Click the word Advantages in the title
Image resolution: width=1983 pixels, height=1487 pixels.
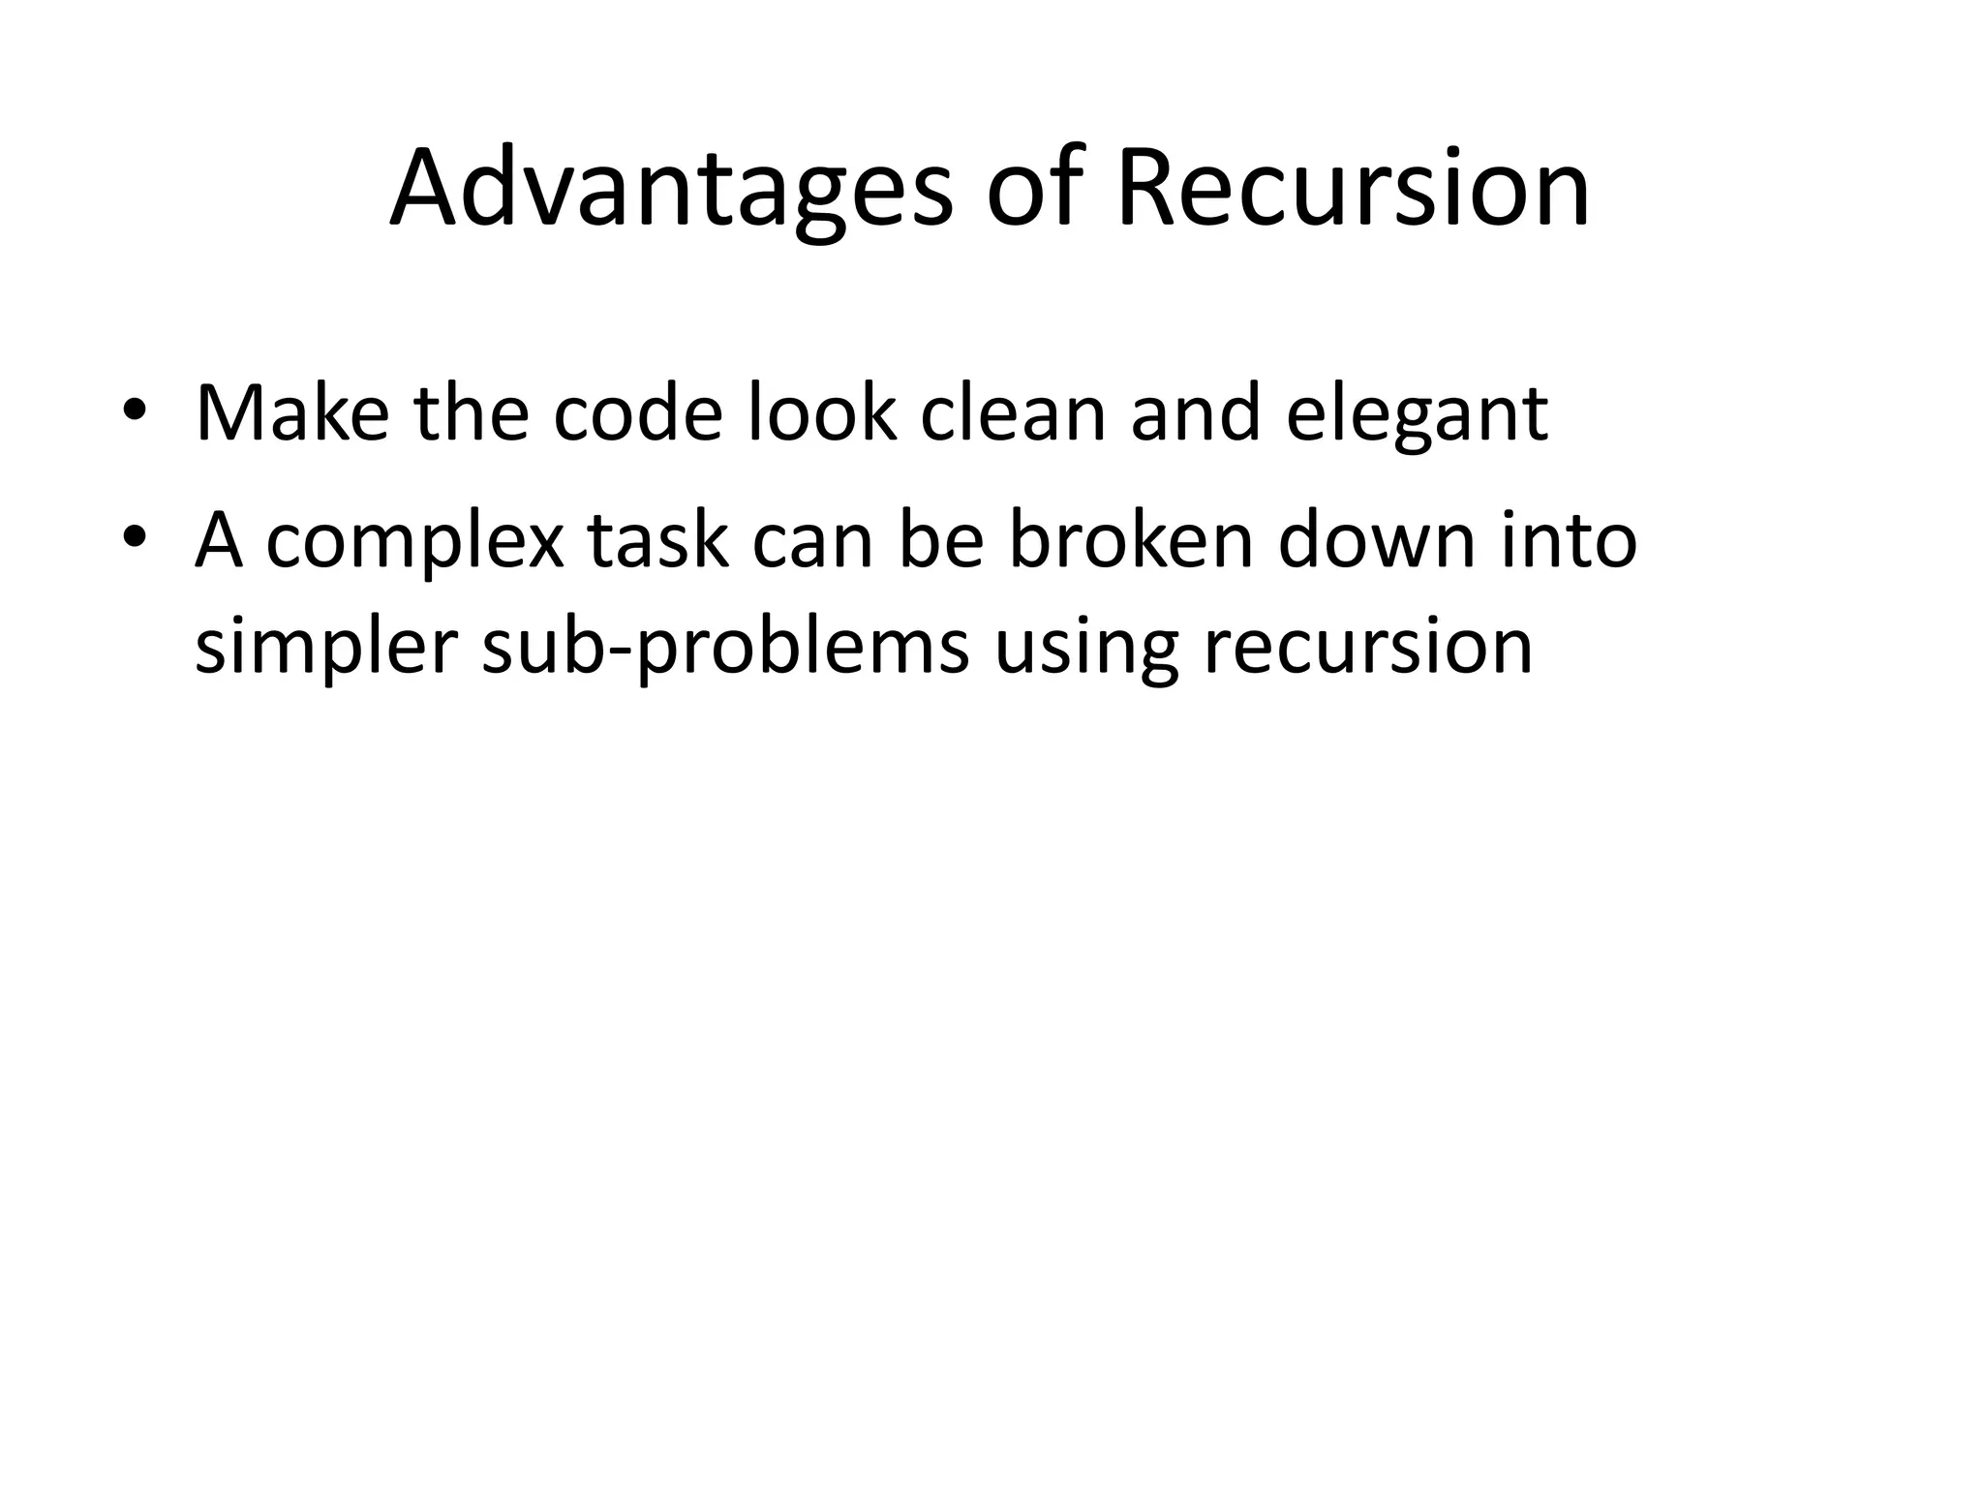click(671, 189)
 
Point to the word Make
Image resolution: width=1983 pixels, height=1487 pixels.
click(291, 414)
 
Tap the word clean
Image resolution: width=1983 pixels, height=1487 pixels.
click(1012, 414)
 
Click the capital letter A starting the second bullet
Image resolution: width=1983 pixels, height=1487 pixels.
click(218, 539)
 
